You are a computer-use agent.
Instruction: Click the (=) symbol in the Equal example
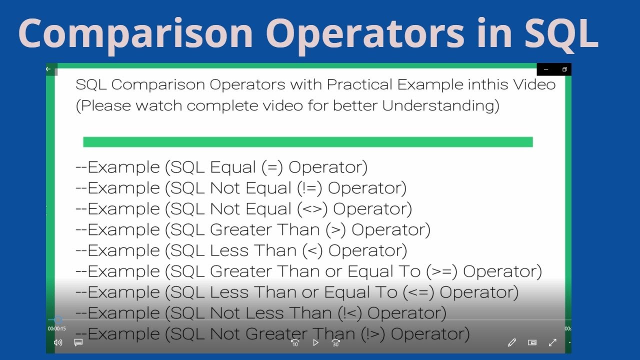tap(271, 167)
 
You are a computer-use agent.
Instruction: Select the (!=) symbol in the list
tap(309, 188)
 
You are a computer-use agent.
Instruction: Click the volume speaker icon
tap(58, 342)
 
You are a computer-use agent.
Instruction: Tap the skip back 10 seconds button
tap(295, 342)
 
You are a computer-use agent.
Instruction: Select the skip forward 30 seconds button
tap(335, 342)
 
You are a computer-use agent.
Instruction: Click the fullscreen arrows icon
tap(552, 342)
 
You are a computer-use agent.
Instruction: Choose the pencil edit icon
tap(511, 342)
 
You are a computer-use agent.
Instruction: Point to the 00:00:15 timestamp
tap(57, 328)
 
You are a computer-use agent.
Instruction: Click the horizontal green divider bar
tap(307, 142)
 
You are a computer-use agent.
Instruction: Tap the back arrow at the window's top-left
tap(48, 69)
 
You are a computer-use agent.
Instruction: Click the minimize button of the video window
tap(546, 69)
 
